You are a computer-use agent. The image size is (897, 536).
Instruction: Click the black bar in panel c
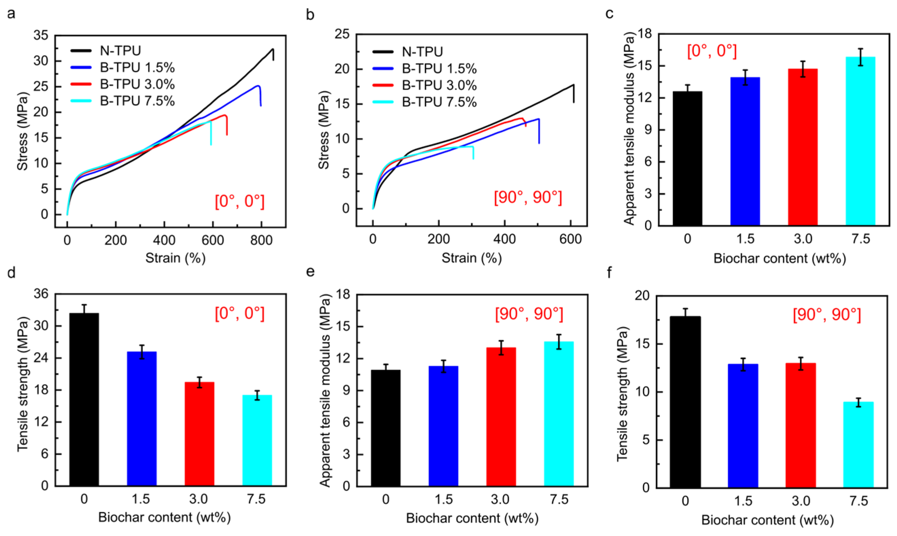[x=687, y=159]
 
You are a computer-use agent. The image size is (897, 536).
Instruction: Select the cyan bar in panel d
[x=257, y=440]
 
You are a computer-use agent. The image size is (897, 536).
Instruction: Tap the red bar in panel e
[x=501, y=417]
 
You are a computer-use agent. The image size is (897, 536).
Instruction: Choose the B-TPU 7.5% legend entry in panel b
[x=424, y=102]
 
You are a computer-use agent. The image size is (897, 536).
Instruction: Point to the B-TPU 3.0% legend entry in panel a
[x=123, y=84]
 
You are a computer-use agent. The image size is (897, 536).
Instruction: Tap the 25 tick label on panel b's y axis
[x=342, y=34]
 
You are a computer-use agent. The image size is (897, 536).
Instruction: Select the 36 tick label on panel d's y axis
[x=41, y=294]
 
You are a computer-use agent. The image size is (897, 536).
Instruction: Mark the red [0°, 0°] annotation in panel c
[x=712, y=51]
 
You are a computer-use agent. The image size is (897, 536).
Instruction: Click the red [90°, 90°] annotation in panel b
[x=528, y=198]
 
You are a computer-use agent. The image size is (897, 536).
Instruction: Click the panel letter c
[x=609, y=14]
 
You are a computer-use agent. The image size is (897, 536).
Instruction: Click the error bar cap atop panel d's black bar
[x=84, y=305]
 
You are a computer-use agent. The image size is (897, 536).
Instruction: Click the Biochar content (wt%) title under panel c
[x=780, y=259]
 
